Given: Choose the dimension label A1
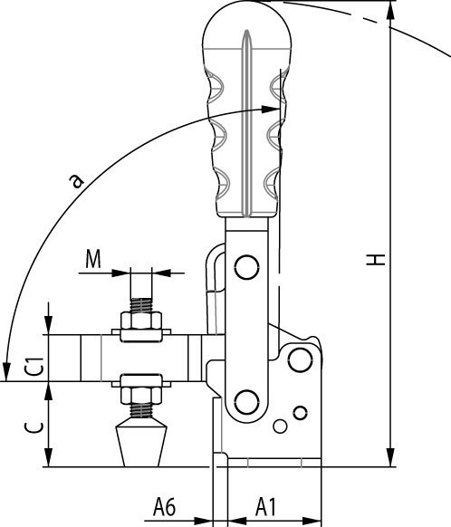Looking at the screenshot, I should click(x=264, y=504).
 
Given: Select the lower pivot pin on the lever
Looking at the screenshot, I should click(x=244, y=399).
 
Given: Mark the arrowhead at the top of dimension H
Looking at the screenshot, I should click(x=391, y=9).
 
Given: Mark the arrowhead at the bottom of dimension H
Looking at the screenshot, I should click(x=391, y=459).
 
